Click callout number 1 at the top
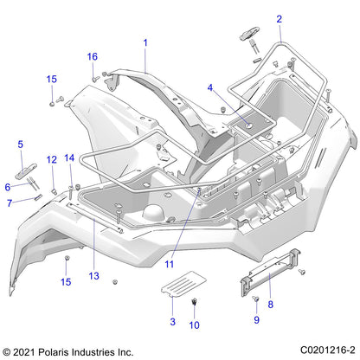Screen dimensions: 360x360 click(145, 42)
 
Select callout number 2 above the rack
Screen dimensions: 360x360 click(279, 18)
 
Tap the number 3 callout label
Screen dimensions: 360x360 click(171, 321)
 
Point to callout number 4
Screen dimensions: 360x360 click(209, 87)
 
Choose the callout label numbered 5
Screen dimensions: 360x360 click(21, 144)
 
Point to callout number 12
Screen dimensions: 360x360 click(51, 159)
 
